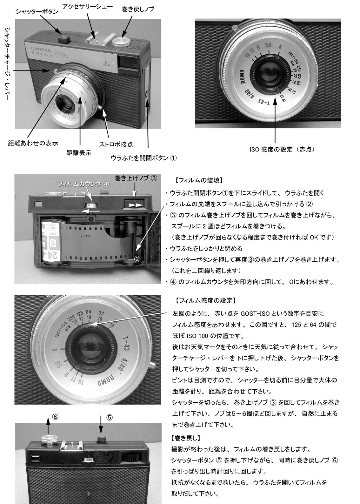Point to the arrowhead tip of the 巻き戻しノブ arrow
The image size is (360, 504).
tap(122, 38)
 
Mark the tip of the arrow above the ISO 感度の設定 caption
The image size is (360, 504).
tap(275, 97)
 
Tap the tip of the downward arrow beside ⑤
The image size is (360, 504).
tap(101, 438)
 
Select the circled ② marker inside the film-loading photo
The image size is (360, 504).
tap(137, 259)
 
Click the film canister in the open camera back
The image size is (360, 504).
tap(51, 240)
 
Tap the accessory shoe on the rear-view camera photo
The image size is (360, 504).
tap(71, 445)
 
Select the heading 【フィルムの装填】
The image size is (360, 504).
tap(199, 180)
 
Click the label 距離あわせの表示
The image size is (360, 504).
tap(33, 143)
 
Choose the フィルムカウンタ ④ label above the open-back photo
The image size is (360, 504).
tap(83, 184)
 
